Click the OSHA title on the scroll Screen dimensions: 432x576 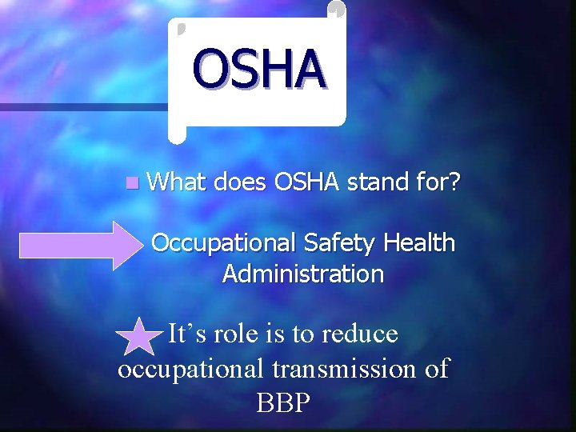click(x=258, y=69)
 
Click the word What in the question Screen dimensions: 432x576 click(x=177, y=183)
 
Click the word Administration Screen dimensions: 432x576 click(x=303, y=274)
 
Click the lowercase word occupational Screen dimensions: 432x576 click(x=190, y=369)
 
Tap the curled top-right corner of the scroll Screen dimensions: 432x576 click(x=338, y=10)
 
